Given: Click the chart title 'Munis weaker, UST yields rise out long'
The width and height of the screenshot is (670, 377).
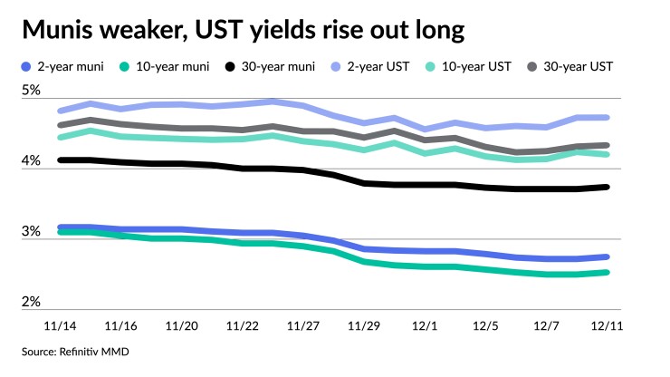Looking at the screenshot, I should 243,31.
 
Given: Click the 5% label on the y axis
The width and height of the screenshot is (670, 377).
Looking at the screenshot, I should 31,91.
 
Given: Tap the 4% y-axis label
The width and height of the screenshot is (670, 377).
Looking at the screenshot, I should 31,160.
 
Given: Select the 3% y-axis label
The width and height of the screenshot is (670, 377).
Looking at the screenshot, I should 31,231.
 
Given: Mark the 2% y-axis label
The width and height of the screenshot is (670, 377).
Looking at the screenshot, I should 31,301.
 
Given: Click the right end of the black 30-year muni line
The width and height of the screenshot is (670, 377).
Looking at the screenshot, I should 607,187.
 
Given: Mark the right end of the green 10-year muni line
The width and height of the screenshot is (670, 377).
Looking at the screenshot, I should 607,272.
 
